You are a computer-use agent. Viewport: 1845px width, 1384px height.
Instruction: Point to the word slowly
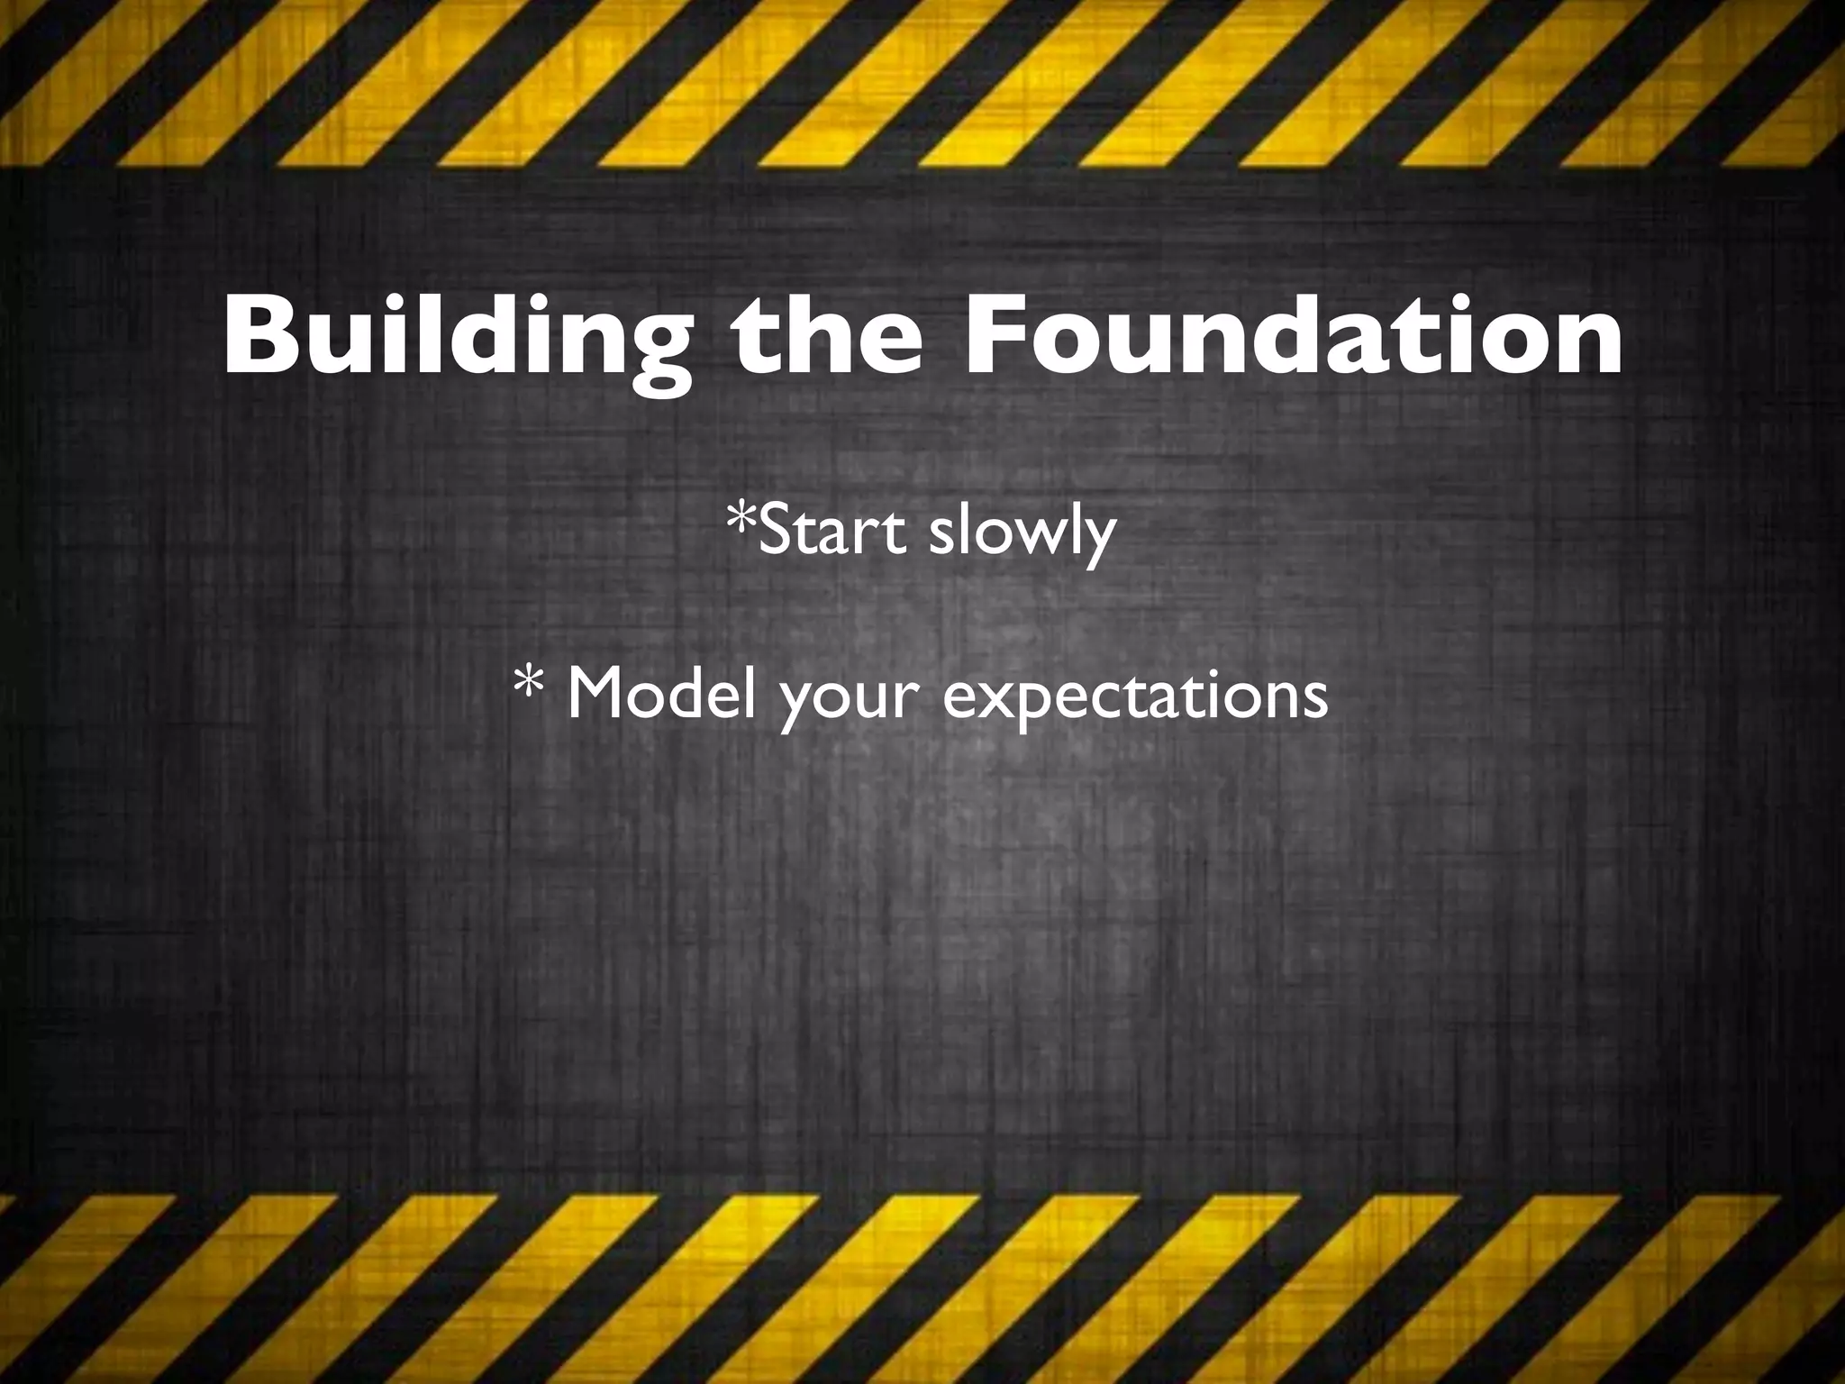[1022, 533]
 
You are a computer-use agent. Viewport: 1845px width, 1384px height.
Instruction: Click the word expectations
[1135, 697]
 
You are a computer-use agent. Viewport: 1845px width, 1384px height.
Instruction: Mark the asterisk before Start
[742, 520]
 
